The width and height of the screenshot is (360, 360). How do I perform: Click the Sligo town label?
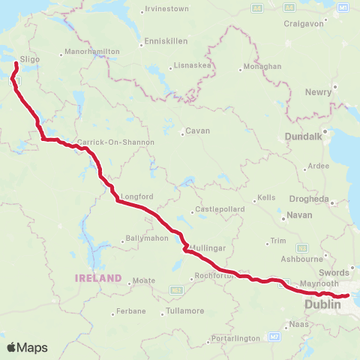tap(30, 58)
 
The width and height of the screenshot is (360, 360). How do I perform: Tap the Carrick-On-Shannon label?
tap(115, 142)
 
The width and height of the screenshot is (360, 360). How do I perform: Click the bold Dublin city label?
tap(322, 305)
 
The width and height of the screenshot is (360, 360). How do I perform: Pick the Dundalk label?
tap(304, 137)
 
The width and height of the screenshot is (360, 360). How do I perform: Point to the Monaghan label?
tap(262, 66)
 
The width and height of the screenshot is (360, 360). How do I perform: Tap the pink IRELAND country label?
tap(97, 278)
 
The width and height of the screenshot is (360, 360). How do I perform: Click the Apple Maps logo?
tap(27, 347)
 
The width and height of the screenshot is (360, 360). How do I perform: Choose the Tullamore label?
tap(184, 310)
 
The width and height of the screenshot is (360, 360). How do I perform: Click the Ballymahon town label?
tap(150, 241)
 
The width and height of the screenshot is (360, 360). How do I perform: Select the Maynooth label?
tap(314, 285)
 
